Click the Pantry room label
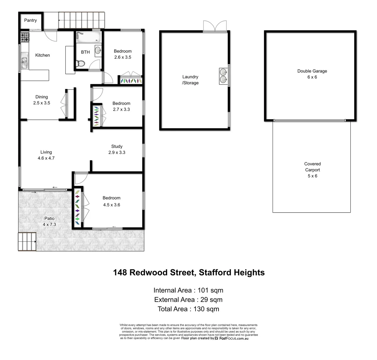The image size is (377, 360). tap(30, 21)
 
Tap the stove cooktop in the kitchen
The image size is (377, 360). tap(25, 37)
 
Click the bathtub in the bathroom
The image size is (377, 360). tap(88, 36)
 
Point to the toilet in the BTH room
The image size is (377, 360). tap(80, 64)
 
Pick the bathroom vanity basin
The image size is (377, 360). tap(98, 50)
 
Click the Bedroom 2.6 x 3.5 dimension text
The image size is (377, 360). tap(123, 57)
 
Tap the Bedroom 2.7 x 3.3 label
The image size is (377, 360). tap(121, 106)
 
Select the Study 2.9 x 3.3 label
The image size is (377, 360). tap(117, 149)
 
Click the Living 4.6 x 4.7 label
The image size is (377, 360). tap(46, 155)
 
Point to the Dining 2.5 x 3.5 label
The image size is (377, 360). tap(42, 100)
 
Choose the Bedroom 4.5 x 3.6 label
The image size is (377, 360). tap(111, 201)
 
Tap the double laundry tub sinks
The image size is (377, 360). tap(223, 76)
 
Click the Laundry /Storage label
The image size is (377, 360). tap(190, 80)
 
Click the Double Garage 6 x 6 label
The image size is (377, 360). tap(312, 74)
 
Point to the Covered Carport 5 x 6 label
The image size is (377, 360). tap(312, 170)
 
